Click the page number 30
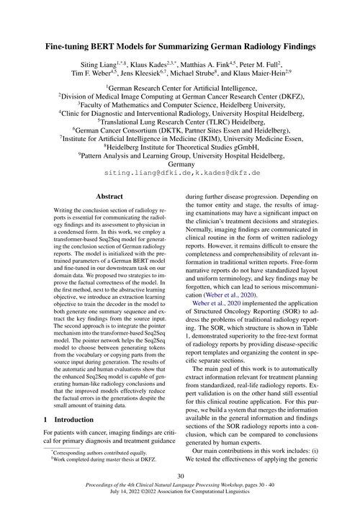[x=180, y=477]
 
